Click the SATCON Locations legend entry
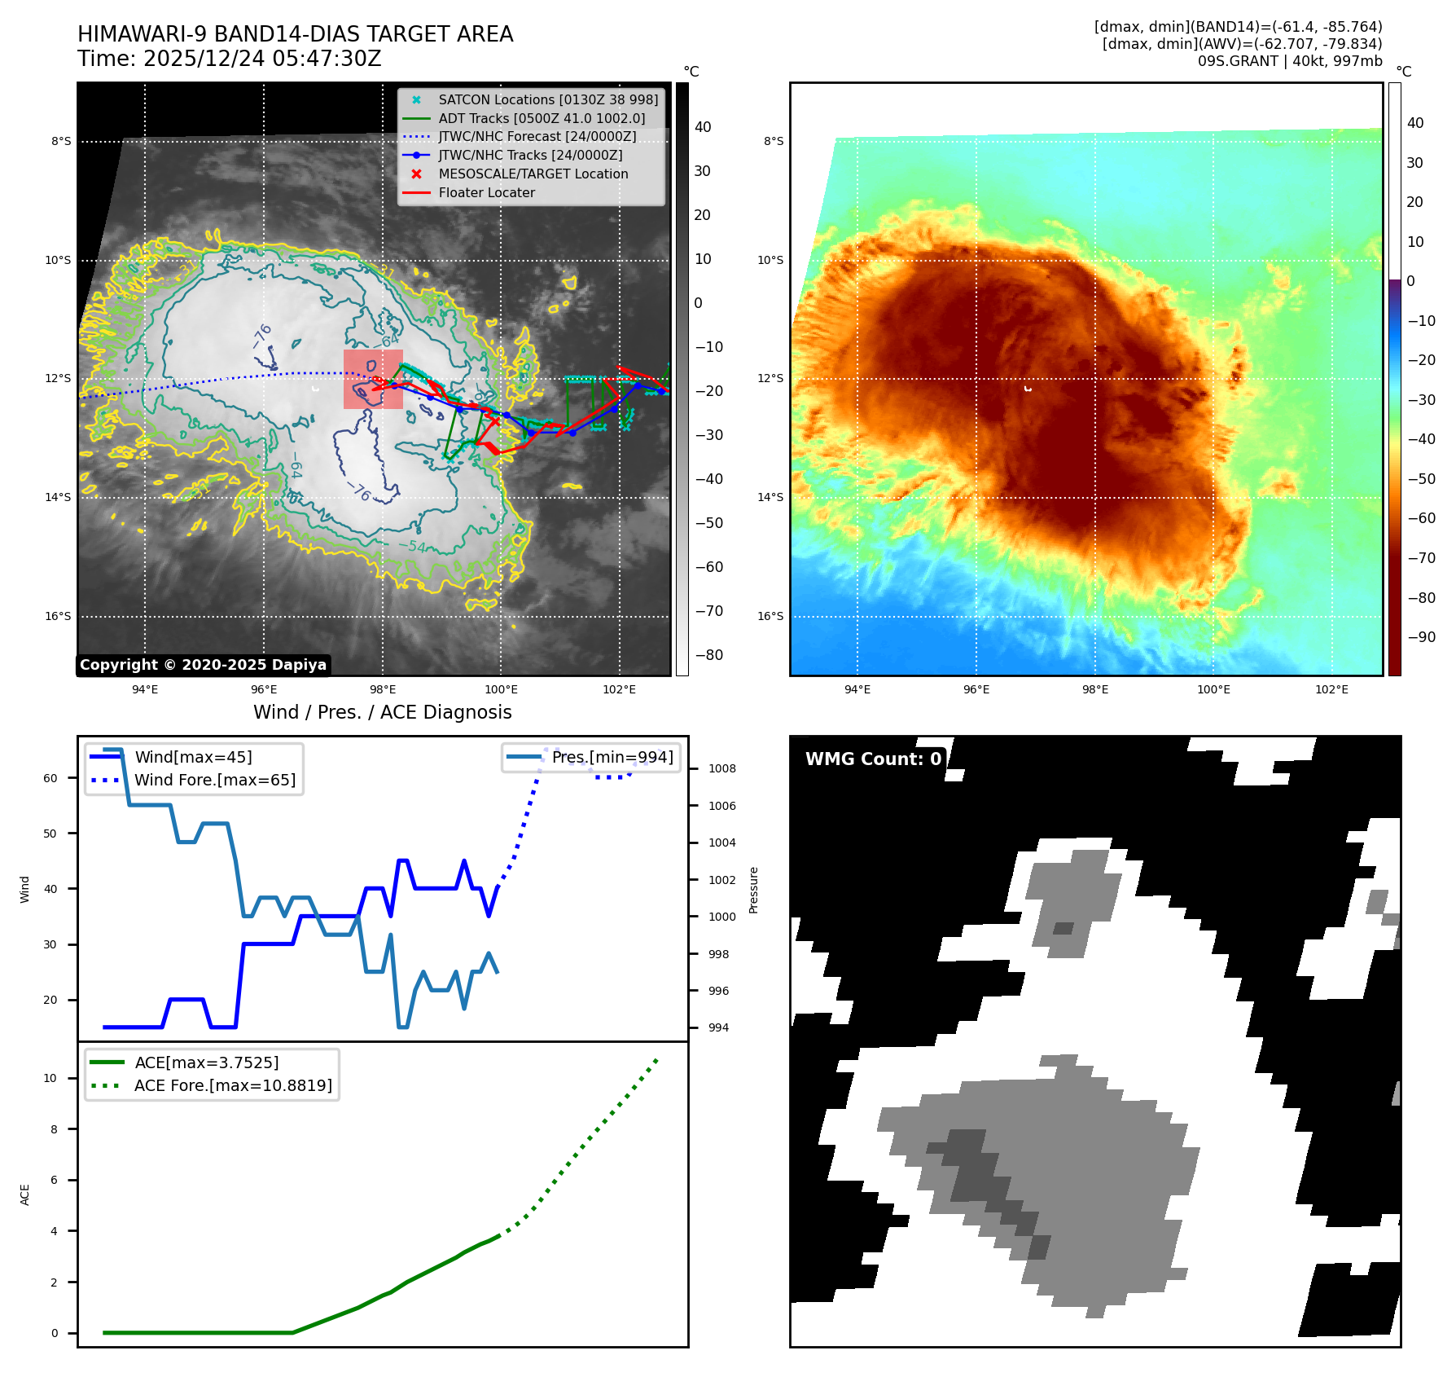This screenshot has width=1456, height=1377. pyautogui.click(x=547, y=99)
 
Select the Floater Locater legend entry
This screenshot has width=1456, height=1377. pyautogui.click(x=486, y=193)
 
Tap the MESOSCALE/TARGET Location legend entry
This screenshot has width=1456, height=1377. pyautogui.click(x=533, y=174)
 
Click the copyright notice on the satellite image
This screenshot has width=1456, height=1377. pyautogui.click(x=203, y=665)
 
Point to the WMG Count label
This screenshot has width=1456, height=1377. pyautogui.click(x=872, y=759)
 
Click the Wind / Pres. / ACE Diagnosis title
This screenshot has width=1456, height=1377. pyautogui.click(x=382, y=713)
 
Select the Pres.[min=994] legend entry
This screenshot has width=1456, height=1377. pyautogui.click(x=612, y=758)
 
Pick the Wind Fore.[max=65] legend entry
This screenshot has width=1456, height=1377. pyautogui.click(x=214, y=781)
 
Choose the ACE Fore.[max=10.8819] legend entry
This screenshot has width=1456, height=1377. pyautogui.click(x=233, y=1086)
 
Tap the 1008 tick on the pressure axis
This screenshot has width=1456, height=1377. pyautogui.click(x=721, y=769)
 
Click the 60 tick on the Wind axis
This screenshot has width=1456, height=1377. pyautogui.click(x=50, y=778)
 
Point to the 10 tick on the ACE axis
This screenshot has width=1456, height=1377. pyautogui.click(x=50, y=1078)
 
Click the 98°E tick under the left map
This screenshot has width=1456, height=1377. pyautogui.click(x=382, y=690)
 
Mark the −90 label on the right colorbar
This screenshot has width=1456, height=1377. pyautogui.click(x=1422, y=637)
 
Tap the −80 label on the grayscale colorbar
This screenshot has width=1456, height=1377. pyautogui.click(x=708, y=655)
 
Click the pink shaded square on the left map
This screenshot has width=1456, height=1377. pyautogui.click(x=373, y=379)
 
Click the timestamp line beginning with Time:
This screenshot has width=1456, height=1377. pyautogui.click(x=229, y=59)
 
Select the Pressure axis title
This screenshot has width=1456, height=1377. pyautogui.click(x=754, y=890)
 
